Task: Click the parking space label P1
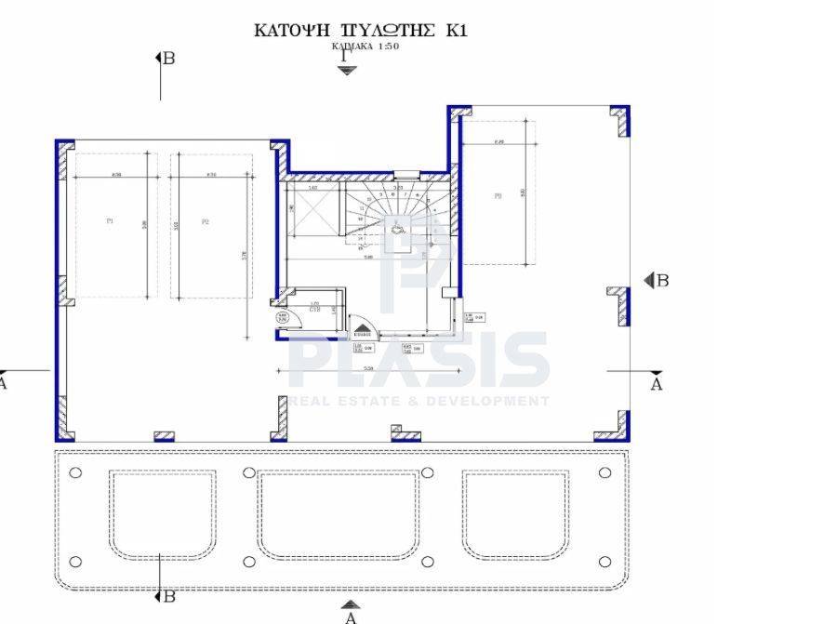pos(110,221)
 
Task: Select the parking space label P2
pos(206,221)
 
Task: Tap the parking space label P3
pos(498,195)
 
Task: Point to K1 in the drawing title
pos(456,31)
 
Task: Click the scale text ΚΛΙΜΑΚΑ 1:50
pos(365,46)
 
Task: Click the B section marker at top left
pos(165,59)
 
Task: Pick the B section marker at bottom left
pos(165,596)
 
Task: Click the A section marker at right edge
pos(656,382)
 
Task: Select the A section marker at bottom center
pos(351,613)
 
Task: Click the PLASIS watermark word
pos(418,362)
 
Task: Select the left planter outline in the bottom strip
pos(162,515)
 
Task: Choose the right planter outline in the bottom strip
pos(515,515)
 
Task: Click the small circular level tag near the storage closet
pos(282,319)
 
